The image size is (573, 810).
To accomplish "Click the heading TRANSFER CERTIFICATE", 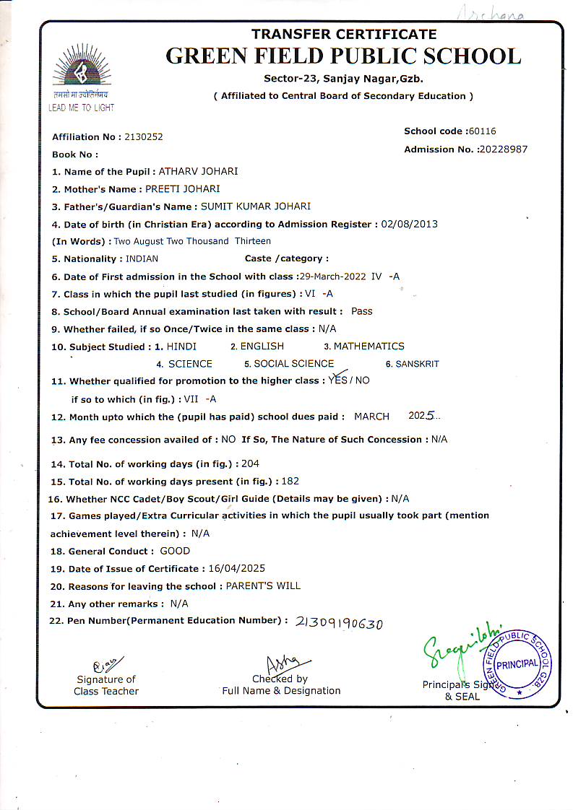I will [344, 34].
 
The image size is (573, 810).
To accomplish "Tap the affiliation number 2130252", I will [144, 136].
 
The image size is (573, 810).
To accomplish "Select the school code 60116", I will [482, 131].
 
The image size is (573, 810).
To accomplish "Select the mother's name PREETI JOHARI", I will [182, 189].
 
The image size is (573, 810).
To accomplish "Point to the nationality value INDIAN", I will [142, 258].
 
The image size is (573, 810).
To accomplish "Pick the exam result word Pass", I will [361, 311].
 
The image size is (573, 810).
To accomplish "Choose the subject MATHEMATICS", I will [369, 347].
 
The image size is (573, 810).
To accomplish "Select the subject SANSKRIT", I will [417, 364].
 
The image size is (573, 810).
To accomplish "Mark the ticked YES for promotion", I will [337, 380].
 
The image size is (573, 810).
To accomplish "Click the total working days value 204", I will [250, 463].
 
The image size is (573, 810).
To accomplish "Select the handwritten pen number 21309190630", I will [339, 623].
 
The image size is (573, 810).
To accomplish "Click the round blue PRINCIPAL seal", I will [518, 663].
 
